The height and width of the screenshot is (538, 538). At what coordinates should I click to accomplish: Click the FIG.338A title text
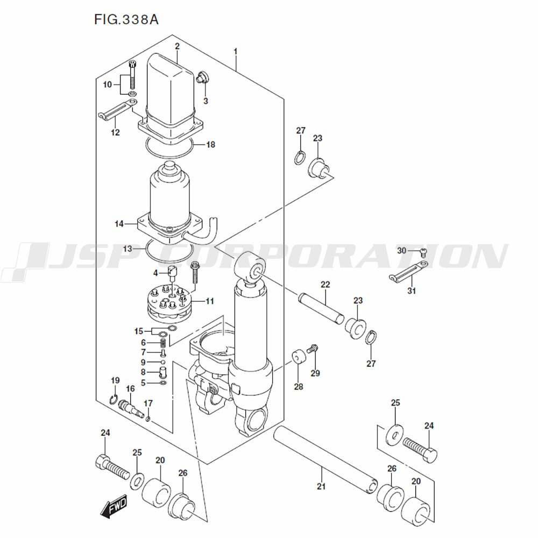point(126,20)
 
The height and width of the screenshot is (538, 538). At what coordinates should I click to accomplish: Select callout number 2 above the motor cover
point(177,46)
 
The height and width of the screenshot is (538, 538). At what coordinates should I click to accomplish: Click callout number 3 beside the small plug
point(206,101)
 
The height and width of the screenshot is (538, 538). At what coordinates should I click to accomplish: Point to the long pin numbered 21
point(325,460)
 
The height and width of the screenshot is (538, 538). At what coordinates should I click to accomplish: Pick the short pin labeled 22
point(321,308)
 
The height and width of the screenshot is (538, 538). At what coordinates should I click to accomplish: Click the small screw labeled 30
point(423,253)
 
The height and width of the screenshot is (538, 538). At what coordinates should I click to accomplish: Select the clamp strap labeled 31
point(409,272)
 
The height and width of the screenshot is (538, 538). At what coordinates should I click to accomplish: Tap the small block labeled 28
point(298,357)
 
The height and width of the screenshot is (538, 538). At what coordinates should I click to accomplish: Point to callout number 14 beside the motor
point(119,224)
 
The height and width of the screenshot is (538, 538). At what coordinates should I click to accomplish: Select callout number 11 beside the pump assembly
point(210,301)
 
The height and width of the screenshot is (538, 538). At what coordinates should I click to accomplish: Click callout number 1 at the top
point(236,52)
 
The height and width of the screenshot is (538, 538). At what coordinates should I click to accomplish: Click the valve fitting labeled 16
point(130,408)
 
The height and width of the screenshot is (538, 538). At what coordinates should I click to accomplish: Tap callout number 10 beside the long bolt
point(108,84)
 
